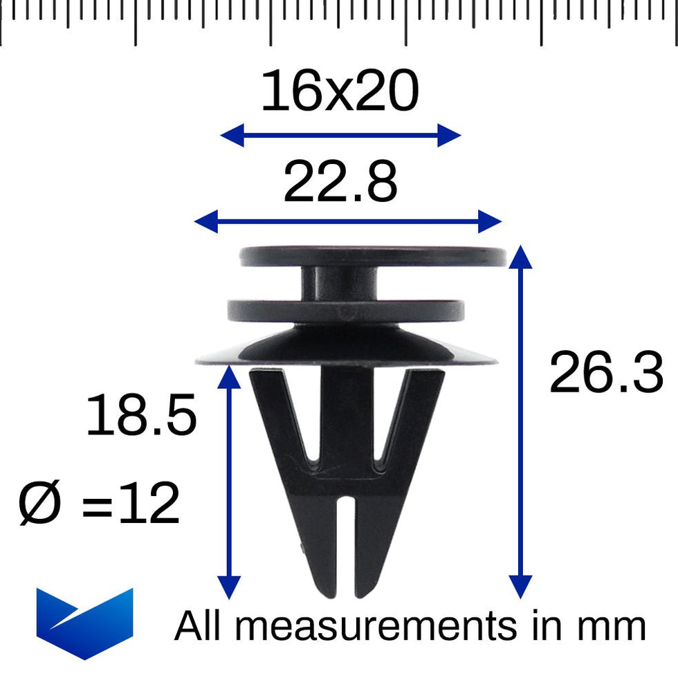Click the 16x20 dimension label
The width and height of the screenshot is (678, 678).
pyautogui.click(x=340, y=93)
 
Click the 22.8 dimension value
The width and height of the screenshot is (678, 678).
pyautogui.click(x=340, y=183)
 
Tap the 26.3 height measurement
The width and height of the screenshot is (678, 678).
pyautogui.click(x=606, y=374)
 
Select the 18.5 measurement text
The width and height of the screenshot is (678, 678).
pyautogui.click(x=141, y=416)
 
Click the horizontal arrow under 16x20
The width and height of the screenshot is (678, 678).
pyautogui.click(x=340, y=136)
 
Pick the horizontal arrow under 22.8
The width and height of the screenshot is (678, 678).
pyautogui.click(x=347, y=222)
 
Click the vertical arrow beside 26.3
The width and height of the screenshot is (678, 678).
pyautogui.click(x=520, y=422)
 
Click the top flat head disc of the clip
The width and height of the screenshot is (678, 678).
pyautogui.click(x=374, y=257)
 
